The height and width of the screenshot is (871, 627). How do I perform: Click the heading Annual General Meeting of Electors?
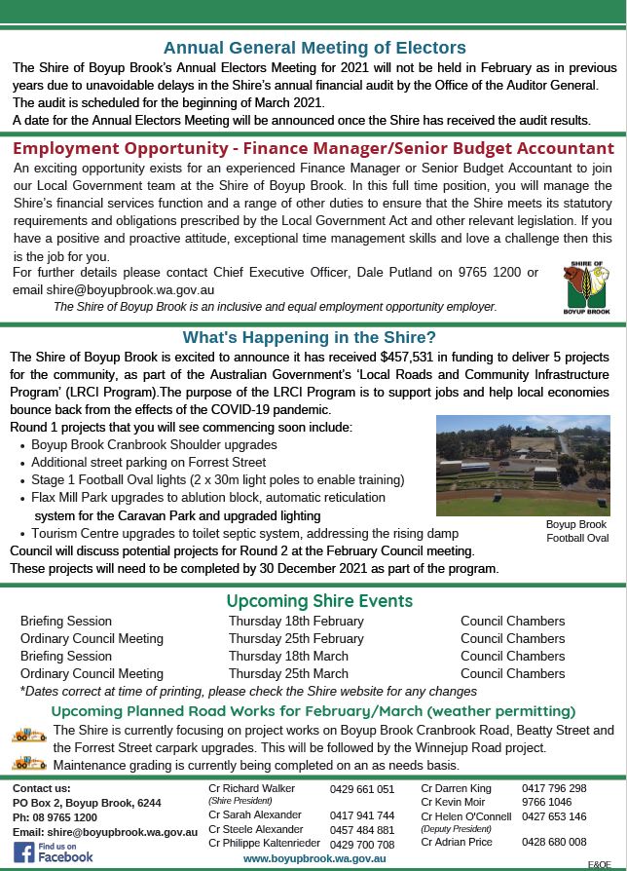[x=314, y=48]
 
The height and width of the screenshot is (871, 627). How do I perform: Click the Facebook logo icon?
[x=24, y=852]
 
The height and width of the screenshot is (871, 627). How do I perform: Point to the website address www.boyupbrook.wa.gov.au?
[x=314, y=858]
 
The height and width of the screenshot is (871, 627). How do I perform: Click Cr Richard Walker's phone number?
[x=362, y=789]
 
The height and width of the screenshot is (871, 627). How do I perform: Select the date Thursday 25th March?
[x=288, y=673]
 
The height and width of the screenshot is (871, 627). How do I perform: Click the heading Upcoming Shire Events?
[x=319, y=601]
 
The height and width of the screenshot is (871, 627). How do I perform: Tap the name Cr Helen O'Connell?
[x=465, y=816]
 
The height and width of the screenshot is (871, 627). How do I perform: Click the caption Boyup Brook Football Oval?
[x=576, y=530]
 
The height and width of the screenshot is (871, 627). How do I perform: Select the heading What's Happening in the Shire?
[x=310, y=338]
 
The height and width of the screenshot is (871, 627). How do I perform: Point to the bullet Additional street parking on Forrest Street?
[x=148, y=462]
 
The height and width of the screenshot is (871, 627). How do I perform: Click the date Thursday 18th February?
[x=296, y=621]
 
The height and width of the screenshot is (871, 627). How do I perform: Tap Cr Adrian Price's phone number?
[x=554, y=842]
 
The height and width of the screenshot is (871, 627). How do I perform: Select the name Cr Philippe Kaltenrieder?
[x=264, y=844]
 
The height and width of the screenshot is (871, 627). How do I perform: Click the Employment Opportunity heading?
[x=313, y=149]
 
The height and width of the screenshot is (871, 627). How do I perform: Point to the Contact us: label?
[x=41, y=788]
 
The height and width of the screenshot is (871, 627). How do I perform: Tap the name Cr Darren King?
[x=456, y=788]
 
